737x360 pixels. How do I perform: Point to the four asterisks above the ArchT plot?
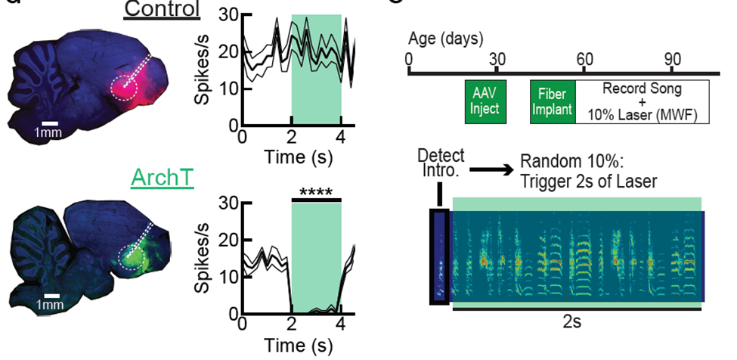316,192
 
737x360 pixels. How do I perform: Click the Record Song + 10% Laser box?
642,102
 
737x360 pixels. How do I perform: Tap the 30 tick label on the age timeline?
497,59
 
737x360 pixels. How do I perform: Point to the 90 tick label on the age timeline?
674,59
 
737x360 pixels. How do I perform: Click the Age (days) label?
447,38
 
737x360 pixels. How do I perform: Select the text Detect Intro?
439,162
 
